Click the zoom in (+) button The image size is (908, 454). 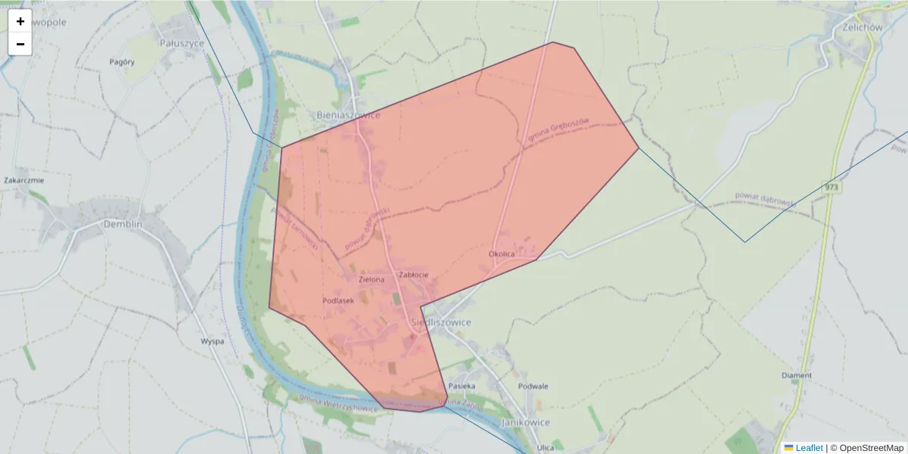tap(20, 21)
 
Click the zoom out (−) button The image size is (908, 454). tap(20, 44)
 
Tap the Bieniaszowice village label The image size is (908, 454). tap(347, 115)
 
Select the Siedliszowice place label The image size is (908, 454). tap(441, 322)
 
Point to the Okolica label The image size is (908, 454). tap(502, 254)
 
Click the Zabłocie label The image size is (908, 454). tap(414, 275)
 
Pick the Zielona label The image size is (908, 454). tap(372, 279)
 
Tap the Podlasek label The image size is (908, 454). tap(338, 300)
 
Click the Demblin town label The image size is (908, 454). tap(123, 225)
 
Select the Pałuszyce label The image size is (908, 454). tap(182, 44)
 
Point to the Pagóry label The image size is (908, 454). tap(122, 62)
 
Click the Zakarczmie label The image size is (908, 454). tap(24, 181)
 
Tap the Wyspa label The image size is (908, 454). tap(213, 341)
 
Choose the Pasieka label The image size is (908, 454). tap(462, 386)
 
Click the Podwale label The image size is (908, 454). tap(533, 386)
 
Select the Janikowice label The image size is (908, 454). tap(525, 422)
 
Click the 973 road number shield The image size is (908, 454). tap(832, 186)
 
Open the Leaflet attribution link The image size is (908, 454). tap(808, 448)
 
